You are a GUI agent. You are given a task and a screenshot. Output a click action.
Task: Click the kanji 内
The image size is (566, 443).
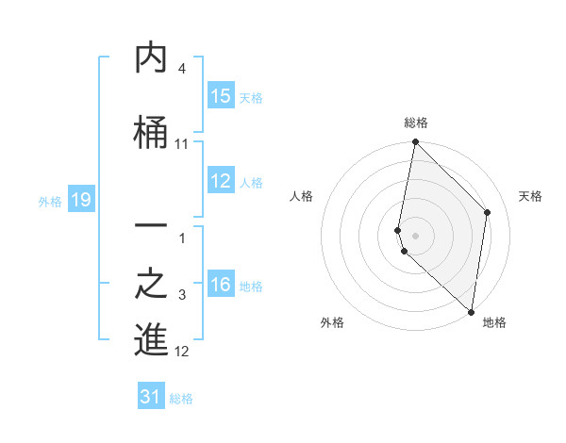click(x=151, y=59)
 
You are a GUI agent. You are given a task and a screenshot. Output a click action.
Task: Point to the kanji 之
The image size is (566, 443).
click(x=151, y=286)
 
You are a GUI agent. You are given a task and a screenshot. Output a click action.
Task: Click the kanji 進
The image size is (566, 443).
click(x=151, y=338)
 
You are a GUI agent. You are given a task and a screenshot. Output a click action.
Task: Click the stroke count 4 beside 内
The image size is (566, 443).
click(x=181, y=70)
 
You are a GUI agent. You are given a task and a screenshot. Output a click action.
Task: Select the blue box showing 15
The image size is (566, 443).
click(x=221, y=97)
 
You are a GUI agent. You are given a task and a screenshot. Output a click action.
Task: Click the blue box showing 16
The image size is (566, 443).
click(x=221, y=286)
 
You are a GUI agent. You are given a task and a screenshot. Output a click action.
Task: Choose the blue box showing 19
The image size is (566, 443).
click(x=80, y=200)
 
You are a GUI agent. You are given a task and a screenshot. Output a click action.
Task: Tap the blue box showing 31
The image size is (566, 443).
click(x=151, y=397)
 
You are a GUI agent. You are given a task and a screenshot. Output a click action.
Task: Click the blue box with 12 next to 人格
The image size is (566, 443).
click(x=221, y=182)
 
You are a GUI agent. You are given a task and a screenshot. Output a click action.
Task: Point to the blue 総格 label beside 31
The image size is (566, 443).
click(x=181, y=399)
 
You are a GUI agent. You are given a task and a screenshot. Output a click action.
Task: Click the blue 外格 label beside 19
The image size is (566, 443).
click(x=50, y=201)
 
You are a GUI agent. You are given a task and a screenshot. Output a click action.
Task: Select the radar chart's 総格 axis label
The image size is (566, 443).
click(x=415, y=123)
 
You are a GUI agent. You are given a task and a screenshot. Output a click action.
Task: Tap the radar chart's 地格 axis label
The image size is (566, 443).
click(x=494, y=322)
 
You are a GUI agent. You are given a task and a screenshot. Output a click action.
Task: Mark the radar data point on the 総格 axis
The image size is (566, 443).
click(x=415, y=142)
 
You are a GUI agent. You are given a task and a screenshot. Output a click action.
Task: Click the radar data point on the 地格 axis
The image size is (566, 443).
click(x=471, y=312)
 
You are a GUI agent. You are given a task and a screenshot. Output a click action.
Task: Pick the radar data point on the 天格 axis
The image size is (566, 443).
click(x=488, y=212)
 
